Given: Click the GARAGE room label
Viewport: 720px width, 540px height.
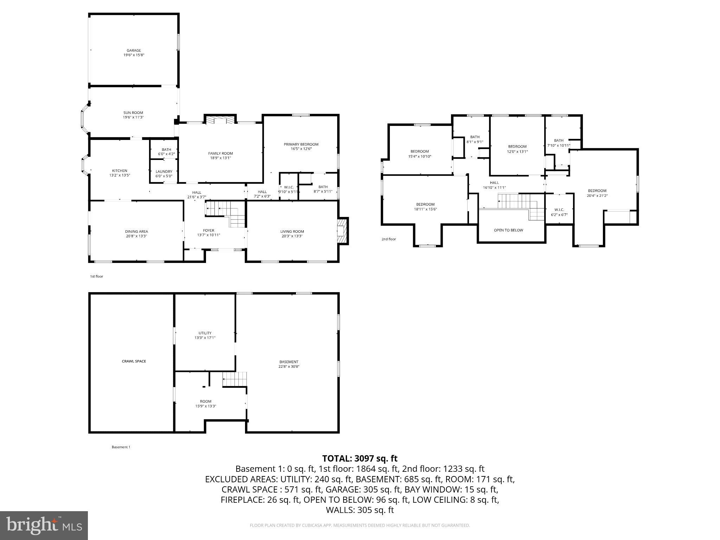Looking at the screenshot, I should click(134, 51).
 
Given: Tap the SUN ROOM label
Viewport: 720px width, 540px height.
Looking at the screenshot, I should click(133, 113).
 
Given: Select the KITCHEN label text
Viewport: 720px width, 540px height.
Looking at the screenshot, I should click(120, 171).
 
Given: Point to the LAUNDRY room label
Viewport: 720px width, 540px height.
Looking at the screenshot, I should click(164, 172).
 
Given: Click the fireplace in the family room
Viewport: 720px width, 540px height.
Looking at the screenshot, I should click(220, 121).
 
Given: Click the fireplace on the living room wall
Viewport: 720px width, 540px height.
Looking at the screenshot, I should click(342, 231).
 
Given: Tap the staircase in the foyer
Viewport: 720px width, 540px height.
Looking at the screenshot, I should click(225, 213).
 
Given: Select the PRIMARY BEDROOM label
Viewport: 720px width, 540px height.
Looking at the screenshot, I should click(301, 144).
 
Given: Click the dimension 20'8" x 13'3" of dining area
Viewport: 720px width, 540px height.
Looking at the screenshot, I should click(136, 236).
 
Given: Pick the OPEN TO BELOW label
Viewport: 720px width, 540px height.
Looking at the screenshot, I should click(508, 230).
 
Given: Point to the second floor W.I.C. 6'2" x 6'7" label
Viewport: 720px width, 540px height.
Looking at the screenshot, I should click(559, 212).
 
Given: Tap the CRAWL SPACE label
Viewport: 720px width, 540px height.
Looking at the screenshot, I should click(134, 361).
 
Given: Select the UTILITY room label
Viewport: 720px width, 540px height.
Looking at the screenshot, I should click(205, 333).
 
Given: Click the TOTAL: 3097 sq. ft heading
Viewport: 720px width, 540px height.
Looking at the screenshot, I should click(360, 458).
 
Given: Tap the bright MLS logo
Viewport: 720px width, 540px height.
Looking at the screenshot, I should click(44, 525).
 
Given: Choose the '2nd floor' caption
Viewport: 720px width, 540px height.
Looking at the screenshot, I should click(388, 239).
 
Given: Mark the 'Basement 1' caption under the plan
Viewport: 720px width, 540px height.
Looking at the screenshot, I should click(121, 447).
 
